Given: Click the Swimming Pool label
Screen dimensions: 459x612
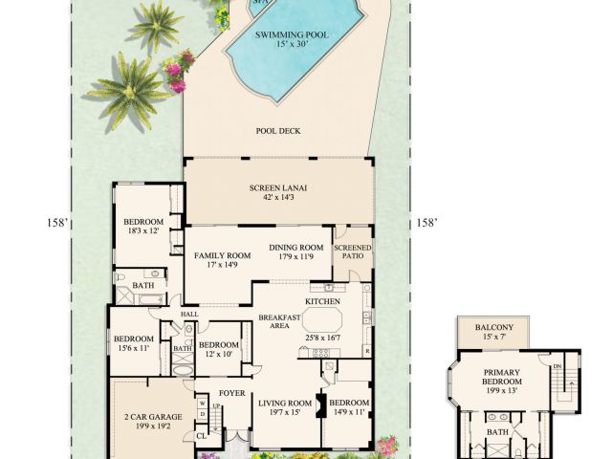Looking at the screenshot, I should click(x=292, y=35).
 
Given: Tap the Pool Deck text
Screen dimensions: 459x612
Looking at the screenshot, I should click(x=277, y=131).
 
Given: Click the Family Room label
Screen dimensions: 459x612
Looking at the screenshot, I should click(x=222, y=256).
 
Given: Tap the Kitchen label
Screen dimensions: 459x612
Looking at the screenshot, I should click(x=322, y=300).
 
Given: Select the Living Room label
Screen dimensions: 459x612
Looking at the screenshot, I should click(x=286, y=403).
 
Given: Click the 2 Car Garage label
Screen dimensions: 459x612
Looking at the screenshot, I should click(x=146, y=417).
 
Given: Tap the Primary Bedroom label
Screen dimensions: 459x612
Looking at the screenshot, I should click(x=501, y=377).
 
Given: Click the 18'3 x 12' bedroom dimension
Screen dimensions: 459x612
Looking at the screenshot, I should click(x=144, y=231).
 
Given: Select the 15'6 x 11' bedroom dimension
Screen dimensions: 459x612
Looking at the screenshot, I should click(x=134, y=348).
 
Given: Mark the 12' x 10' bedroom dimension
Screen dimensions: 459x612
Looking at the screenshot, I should click(x=217, y=355).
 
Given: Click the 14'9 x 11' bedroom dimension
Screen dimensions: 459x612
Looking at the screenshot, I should click(x=349, y=412).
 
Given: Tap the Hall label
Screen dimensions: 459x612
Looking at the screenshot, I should click(x=190, y=314).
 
